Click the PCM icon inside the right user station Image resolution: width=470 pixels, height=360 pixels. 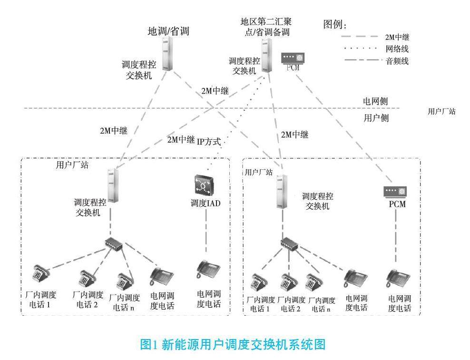pyautogui.click(x=395, y=192)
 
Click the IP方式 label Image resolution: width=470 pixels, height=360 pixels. pyautogui.click(x=212, y=141)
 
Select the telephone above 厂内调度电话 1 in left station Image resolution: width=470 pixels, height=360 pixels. pyautogui.click(x=39, y=273)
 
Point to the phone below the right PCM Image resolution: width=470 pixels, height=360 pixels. pyautogui.click(x=398, y=276)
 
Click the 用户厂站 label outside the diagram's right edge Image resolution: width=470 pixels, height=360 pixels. pyautogui.click(x=442, y=111)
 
